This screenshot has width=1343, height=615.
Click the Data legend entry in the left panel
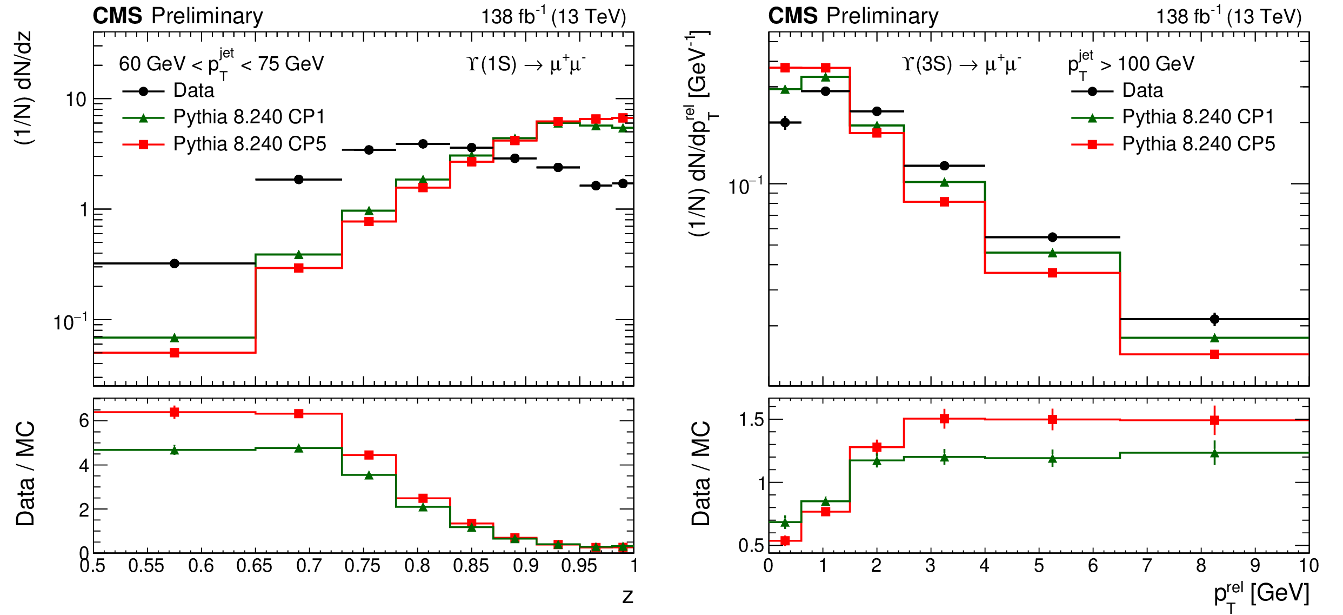tap(193, 90)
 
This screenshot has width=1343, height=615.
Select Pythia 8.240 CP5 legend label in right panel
tap(1198, 144)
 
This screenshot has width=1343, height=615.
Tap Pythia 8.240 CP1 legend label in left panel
tap(249, 117)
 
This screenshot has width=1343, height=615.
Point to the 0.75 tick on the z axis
tap(363, 566)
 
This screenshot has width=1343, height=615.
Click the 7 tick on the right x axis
tap(1147, 566)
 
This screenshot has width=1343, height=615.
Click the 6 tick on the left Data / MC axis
tap(84, 420)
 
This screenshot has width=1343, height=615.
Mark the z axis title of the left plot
tap(627, 596)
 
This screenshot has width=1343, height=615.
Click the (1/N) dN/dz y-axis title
tap(24, 88)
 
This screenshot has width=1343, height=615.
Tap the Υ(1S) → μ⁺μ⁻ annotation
tap(526, 64)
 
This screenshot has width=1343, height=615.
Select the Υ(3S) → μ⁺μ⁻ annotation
tap(961, 64)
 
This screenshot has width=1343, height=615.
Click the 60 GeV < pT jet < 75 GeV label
tap(221, 64)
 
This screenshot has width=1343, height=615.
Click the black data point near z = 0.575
tap(175, 263)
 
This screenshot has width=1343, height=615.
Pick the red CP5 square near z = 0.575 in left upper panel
tap(175, 353)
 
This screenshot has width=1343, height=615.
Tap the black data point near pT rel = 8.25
tap(1214, 319)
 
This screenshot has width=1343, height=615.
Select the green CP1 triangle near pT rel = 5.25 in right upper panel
tap(1052, 253)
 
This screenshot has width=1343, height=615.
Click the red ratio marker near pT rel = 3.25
tap(944, 418)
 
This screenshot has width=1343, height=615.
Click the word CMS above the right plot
tap(793, 16)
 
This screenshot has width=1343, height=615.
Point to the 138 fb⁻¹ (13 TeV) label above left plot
tap(553, 17)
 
